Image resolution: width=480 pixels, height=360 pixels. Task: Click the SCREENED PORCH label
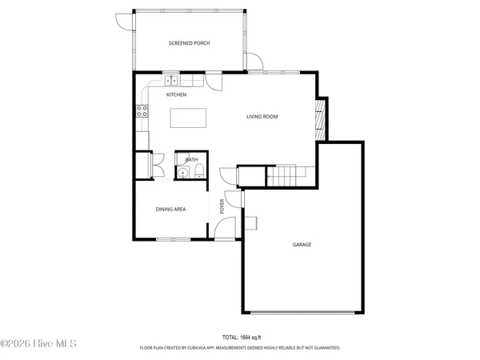190,43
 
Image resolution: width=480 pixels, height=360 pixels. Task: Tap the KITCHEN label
176,95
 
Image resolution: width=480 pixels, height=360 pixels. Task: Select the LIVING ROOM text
262,117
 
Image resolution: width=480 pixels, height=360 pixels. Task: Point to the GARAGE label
301,245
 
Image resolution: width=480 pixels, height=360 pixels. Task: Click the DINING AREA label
170,209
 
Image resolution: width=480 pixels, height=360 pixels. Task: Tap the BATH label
191,160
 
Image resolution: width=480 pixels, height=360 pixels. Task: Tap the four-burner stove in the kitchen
142,111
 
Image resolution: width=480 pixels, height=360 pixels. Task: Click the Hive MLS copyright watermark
38,343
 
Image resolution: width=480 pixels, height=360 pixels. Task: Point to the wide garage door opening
301,312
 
